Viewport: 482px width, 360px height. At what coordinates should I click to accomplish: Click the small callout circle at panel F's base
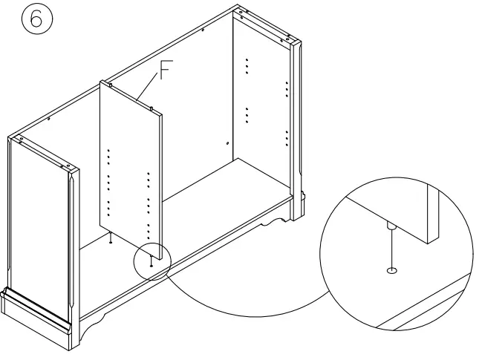click(152, 261)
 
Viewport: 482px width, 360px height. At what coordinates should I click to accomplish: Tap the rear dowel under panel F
click(110, 239)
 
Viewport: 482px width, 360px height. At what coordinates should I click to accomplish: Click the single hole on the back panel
click(227, 142)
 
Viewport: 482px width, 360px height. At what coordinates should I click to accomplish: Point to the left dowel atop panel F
click(111, 85)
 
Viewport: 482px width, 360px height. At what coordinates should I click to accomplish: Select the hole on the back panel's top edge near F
click(48, 119)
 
